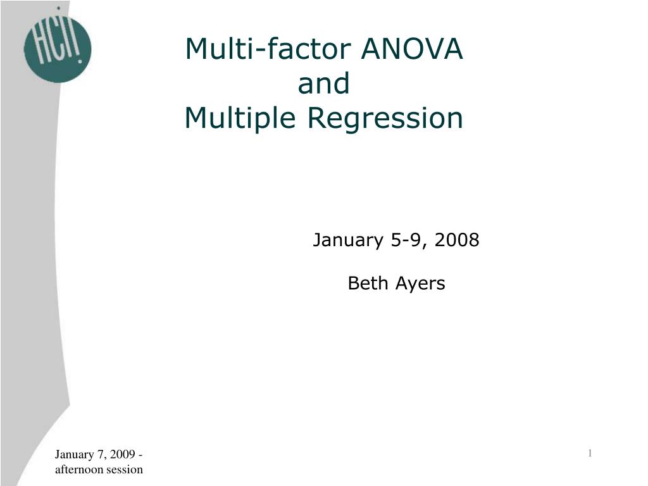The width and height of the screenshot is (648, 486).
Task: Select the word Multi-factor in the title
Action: (268, 49)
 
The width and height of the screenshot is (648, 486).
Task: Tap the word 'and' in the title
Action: (323, 84)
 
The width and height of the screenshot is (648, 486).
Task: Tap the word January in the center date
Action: (349, 241)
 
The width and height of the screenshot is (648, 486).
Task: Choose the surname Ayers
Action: (421, 284)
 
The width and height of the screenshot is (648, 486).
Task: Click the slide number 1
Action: (590, 452)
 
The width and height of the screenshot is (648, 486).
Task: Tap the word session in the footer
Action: (125, 469)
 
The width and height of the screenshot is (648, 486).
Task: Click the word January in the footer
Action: (73, 454)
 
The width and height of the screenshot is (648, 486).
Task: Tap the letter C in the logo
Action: (56, 44)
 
